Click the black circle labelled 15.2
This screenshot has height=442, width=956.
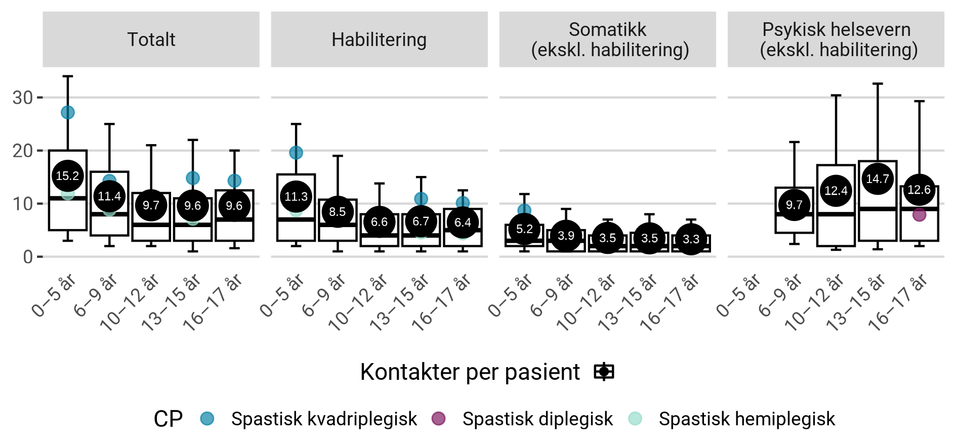click(x=67, y=176)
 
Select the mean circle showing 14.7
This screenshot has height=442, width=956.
click(x=878, y=179)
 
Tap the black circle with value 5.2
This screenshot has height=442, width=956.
click(x=524, y=229)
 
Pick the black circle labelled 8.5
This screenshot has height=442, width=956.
click(x=338, y=212)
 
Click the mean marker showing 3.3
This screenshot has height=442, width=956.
click(x=691, y=239)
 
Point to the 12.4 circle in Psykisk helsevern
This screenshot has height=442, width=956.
click(x=836, y=191)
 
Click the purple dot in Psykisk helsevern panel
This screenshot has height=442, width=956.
click(x=919, y=214)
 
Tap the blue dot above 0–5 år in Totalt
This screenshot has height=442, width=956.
click(x=67, y=112)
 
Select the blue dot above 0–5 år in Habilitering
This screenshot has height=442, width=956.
click(x=296, y=152)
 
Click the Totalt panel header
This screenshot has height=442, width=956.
click(x=151, y=39)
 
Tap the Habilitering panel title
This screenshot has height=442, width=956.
click(x=379, y=39)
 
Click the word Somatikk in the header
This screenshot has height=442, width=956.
click(x=607, y=29)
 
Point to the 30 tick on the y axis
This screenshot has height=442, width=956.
click(x=23, y=98)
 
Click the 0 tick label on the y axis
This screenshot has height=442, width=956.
click(x=28, y=257)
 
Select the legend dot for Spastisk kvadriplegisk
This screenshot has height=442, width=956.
click(x=207, y=418)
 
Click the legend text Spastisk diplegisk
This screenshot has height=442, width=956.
click(x=537, y=419)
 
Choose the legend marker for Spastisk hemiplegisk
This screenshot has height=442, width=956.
click(x=635, y=418)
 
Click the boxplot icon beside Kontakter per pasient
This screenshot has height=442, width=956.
click(x=604, y=372)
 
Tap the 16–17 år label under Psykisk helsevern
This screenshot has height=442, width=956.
click(x=898, y=302)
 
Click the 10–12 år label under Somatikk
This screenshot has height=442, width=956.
click(x=586, y=302)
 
